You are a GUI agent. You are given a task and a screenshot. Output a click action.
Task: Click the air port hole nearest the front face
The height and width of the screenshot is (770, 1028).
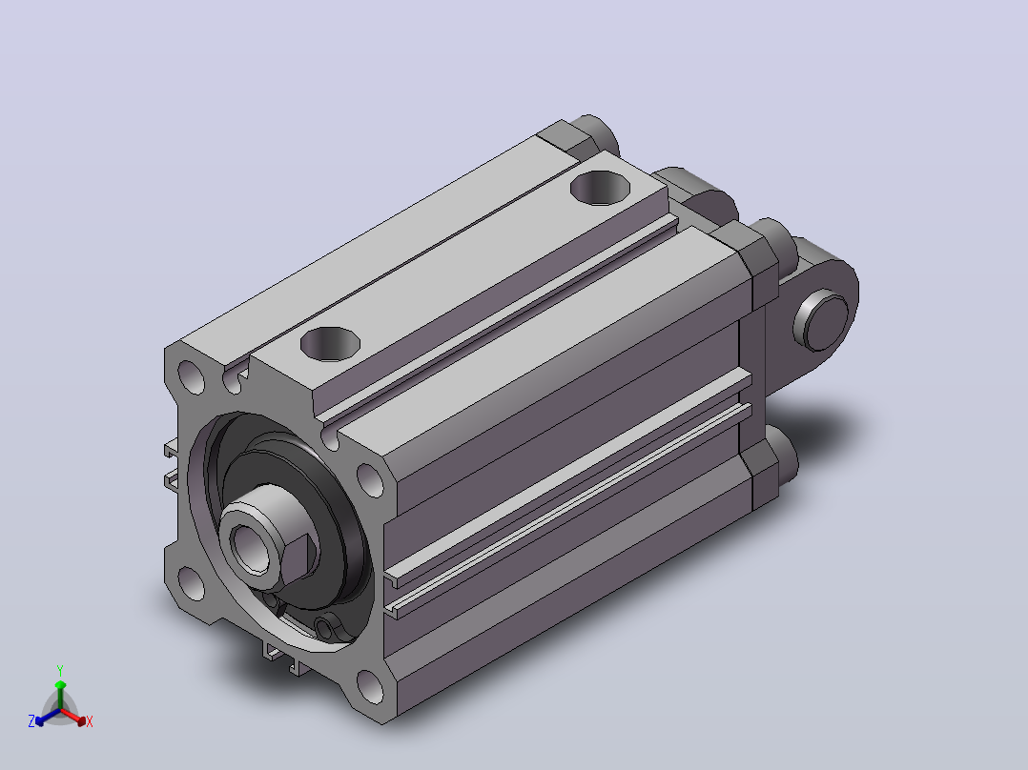[x=330, y=344]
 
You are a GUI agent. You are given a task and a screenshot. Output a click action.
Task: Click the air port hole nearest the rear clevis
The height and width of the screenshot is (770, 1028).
[x=600, y=188]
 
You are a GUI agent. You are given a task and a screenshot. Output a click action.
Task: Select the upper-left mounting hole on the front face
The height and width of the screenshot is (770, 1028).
[x=191, y=377]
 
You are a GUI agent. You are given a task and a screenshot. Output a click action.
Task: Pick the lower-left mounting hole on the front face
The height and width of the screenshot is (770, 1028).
[x=191, y=583]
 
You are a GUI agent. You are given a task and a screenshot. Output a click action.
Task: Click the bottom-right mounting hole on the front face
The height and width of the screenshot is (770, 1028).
[x=370, y=686]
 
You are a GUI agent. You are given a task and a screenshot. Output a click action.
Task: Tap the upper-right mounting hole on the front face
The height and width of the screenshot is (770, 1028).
[x=370, y=480]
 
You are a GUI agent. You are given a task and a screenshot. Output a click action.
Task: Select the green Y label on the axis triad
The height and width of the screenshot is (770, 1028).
[x=60, y=671]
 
